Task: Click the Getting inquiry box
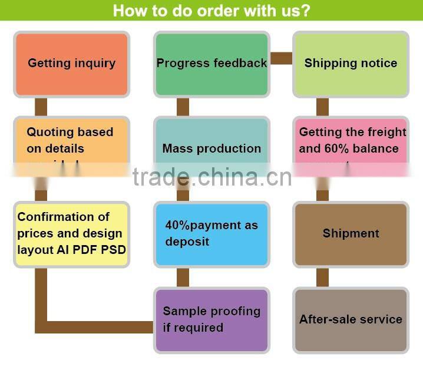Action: [71, 64]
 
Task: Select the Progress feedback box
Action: [211, 64]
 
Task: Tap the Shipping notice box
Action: [351, 64]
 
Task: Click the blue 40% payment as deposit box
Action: [211, 233]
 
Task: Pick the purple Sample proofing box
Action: [211, 319]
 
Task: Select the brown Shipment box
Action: [351, 233]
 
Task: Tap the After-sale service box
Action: [351, 319]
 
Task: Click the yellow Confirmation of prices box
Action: [71, 233]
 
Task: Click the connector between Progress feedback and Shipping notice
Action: [281, 58]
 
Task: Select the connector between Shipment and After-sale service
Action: [322, 277]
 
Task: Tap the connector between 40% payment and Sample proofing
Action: [183, 277]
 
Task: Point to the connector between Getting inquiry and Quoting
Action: [41, 107]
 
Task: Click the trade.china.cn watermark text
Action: [211, 176]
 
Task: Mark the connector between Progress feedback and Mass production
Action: [183, 107]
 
